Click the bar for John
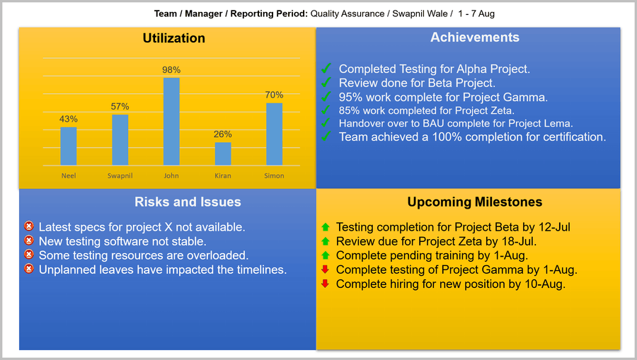171,121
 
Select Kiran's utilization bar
223,153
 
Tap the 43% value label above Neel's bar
69,120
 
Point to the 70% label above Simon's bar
274,95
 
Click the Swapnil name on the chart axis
120,175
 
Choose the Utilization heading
173,38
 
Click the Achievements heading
474,37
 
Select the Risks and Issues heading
188,202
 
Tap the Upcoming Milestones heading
474,202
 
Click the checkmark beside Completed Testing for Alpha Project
326,69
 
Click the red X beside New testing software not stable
29,241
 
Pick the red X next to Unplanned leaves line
29,269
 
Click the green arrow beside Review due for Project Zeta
326,241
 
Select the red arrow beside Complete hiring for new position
326,284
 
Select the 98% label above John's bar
171,70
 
